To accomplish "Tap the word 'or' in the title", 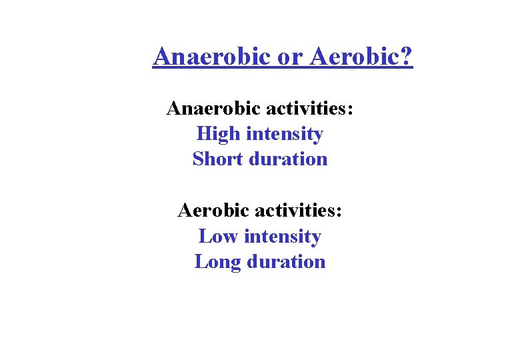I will tap(290, 57).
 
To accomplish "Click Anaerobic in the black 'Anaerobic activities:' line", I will tap(213, 108).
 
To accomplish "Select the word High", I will tap(219, 134).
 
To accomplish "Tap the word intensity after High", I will tap(285, 134).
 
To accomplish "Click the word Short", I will tap(217, 159).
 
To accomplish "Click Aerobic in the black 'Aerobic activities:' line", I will tap(213, 211).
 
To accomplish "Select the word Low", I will tap(218, 237).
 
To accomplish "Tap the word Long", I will tap(218, 262).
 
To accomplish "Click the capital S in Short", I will tap(198, 159).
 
